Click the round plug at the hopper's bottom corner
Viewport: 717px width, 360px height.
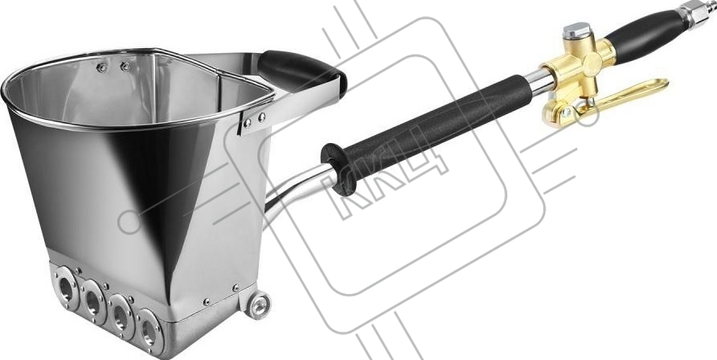[x=259, y=305]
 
